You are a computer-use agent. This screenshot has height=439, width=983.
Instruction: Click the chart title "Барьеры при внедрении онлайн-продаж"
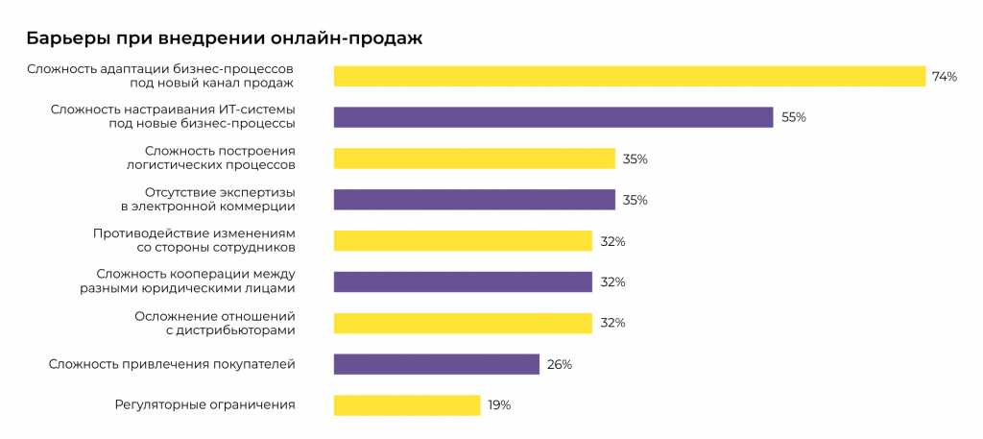(x=224, y=39)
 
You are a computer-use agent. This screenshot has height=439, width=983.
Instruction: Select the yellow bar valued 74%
(x=629, y=76)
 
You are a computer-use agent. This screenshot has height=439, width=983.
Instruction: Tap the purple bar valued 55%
(x=553, y=117)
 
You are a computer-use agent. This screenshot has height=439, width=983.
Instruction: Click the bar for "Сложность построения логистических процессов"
(x=474, y=159)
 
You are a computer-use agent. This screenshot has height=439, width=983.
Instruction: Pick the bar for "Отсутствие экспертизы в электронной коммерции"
(x=474, y=200)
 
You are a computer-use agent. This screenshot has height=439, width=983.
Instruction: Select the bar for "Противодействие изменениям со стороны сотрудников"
(x=463, y=241)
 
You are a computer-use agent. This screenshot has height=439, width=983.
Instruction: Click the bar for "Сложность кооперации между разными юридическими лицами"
(x=463, y=281)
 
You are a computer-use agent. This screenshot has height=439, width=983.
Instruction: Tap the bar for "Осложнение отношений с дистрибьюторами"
(x=463, y=323)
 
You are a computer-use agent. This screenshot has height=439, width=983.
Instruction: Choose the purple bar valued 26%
(x=437, y=364)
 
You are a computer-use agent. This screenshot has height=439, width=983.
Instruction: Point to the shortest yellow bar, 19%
(x=407, y=405)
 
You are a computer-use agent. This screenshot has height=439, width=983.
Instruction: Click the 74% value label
(x=945, y=77)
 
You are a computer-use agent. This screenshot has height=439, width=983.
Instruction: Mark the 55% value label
(x=794, y=117)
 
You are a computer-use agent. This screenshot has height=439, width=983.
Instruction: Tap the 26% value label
(x=560, y=364)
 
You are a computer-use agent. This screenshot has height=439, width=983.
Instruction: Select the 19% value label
(x=499, y=405)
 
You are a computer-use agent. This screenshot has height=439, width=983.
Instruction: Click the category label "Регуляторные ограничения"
(x=204, y=404)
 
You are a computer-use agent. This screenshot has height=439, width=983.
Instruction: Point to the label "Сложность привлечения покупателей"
(x=172, y=364)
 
